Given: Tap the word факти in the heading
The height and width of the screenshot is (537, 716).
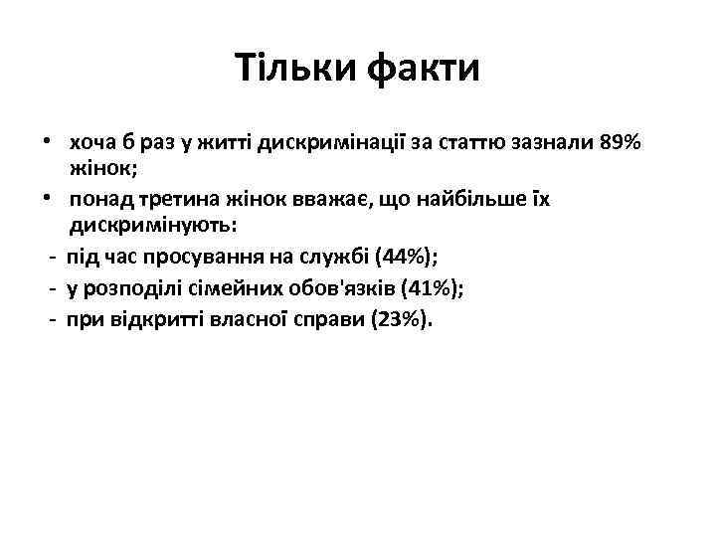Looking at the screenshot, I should (424, 69).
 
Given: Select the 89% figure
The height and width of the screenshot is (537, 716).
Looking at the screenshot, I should (622, 143).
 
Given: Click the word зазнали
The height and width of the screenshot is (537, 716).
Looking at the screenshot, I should (551, 143).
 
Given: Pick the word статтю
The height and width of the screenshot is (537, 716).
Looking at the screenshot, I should (472, 143).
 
